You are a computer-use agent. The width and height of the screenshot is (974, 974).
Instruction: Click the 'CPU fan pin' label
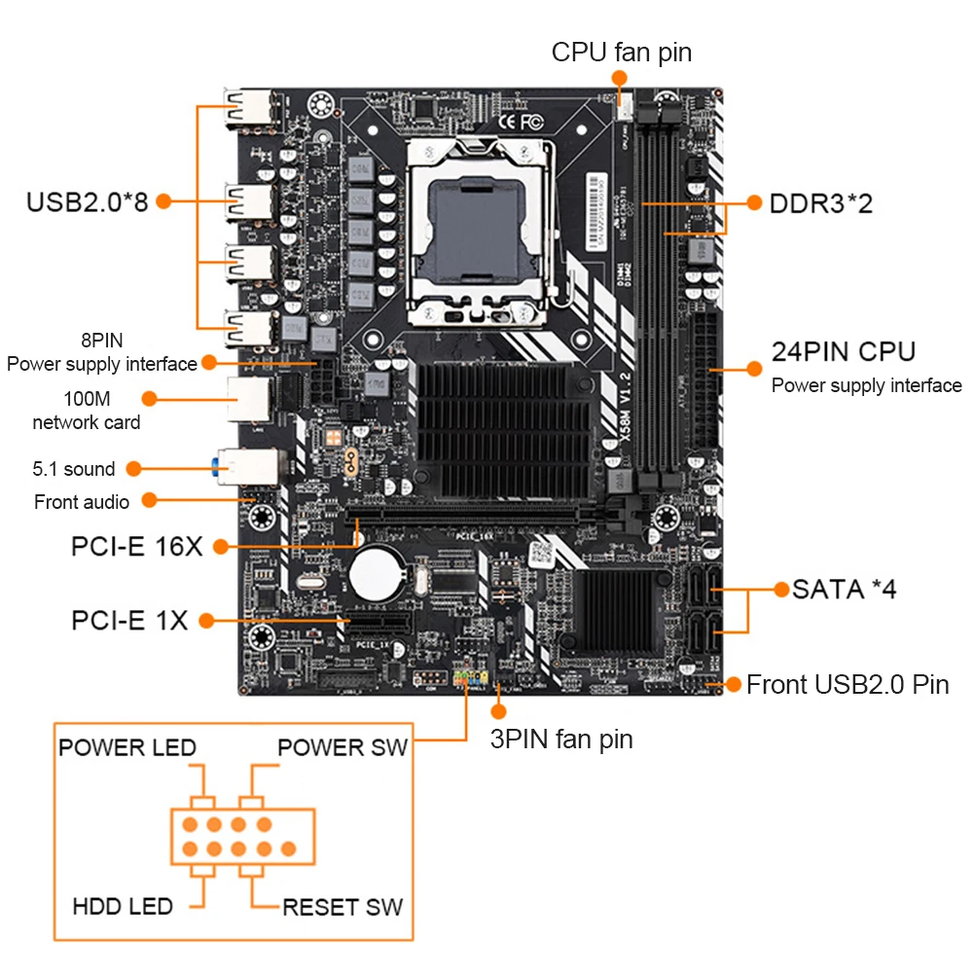tap(622, 52)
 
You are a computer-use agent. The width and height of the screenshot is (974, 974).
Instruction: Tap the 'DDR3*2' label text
tap(821, 203)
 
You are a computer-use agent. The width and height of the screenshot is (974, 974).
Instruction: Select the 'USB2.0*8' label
tap(87, 202)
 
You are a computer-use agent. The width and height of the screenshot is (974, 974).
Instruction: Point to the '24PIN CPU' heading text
tap(844, 351)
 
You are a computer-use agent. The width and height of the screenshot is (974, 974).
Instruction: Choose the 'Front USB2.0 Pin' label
tap(848, 684)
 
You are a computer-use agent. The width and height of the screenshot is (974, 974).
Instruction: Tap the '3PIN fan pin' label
tap(561, 739)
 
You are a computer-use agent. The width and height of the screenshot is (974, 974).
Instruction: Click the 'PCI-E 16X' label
tap(136, 546)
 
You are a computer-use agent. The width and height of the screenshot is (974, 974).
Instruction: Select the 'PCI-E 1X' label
tap(129, 620)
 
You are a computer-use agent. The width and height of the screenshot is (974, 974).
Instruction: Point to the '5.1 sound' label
tap(74, 469)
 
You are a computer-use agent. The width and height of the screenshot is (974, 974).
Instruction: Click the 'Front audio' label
tap(82, 502)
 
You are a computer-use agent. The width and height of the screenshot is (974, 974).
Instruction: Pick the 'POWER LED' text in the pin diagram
tap(127, 747)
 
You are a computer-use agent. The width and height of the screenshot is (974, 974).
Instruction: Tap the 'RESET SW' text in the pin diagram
tap(343, 907)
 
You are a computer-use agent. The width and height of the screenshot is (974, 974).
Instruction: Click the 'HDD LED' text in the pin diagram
tap(123, 907)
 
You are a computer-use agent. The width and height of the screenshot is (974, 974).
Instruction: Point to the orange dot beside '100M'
tap(149, 398)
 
